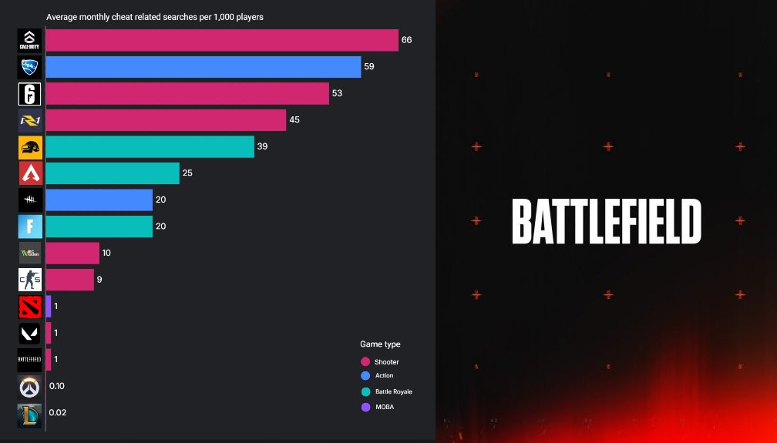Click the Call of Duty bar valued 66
222,40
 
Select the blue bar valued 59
203,67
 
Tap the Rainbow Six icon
30,93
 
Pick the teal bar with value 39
150,146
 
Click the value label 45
294,120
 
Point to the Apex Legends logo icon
30,173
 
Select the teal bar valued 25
113,173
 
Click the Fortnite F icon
30,227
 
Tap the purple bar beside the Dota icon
49,307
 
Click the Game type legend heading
380,344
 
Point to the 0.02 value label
58,412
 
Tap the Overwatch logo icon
30,386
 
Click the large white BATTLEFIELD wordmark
606,221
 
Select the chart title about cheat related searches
155,16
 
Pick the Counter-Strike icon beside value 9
30,280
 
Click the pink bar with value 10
72,253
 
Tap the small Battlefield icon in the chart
30,359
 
